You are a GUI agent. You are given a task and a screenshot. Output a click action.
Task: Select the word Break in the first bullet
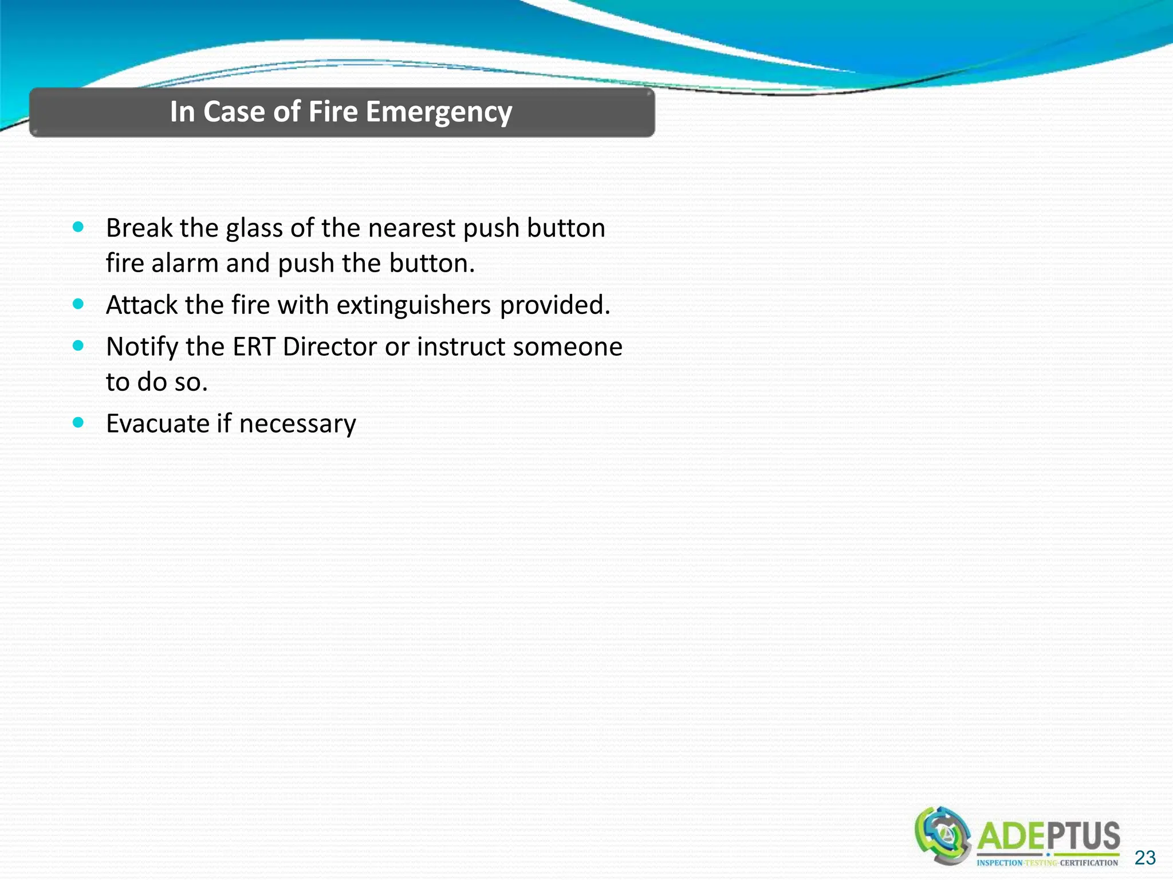[x=139, y=228]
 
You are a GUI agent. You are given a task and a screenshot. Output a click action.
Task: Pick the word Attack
[x=142, y=305]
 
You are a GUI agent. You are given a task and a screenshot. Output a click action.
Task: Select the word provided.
[x=554, y=305]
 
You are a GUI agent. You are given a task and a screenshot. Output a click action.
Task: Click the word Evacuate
[x=158, y=424]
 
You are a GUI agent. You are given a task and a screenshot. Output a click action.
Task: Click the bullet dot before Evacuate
[x=78, y=423]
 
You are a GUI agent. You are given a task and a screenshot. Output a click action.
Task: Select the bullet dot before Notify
[x=78, y=345]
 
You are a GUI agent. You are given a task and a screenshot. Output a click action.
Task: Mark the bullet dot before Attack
[x=78, y=304]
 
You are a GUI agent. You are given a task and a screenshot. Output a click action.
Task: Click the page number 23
[x=1144, y=858]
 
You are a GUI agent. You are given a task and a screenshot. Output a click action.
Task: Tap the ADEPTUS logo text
[x=1048, y=837]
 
